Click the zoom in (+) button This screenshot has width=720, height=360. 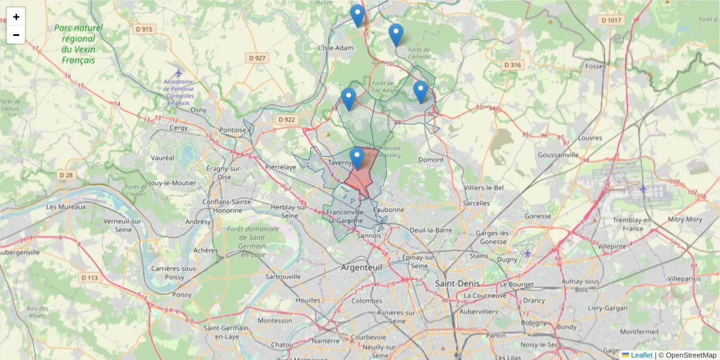[16, 17]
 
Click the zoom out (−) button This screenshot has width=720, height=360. [16, 35]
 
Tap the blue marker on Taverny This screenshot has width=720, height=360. [358, 158]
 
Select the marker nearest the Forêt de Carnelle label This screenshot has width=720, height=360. [395, 35]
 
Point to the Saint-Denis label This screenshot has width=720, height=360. [457, 283]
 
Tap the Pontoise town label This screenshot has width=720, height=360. [232, 130]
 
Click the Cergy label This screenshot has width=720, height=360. [179, 127]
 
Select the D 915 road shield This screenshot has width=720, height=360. [144, 29]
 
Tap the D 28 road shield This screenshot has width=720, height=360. [66, 175]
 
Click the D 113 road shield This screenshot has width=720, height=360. [89, 278]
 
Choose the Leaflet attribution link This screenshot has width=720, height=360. [641, 355]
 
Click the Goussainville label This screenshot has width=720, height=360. [559, 154]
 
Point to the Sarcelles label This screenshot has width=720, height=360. [477, 203]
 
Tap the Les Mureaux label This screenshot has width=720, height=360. [65, 207]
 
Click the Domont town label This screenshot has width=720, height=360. [431, 160]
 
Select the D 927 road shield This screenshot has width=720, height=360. [256, 58]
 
